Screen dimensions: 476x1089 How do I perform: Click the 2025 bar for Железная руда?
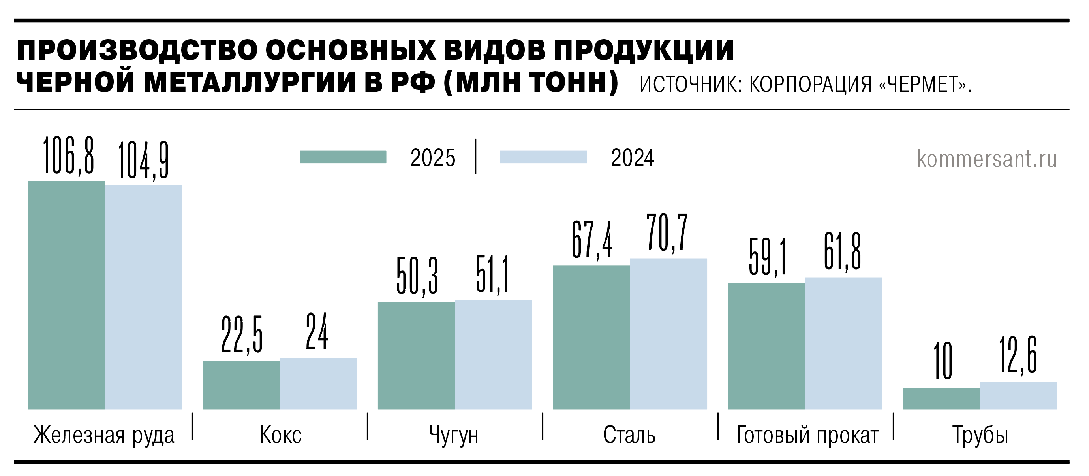(x=66, y=295)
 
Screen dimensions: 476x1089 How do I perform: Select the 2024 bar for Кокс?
(x=318, y=383)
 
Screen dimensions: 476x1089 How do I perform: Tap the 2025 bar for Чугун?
(x=416, y=355)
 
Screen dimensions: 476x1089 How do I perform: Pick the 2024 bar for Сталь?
(x=668, y=334)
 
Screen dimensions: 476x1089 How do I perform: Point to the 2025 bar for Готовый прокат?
(x=766, y=346)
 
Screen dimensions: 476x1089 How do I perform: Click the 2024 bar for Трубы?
(x=1018, y=396)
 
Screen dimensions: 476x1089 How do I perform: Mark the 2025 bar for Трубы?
(x=941, y=398)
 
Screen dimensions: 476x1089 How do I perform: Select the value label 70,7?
(x=667, y=233)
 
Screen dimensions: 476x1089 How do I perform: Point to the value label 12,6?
(x=1018, y=355)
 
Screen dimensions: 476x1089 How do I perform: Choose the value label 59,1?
(x=767, y=257)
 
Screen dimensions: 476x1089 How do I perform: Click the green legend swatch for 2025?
(x=343, y=157)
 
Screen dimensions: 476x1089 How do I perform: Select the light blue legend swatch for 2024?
(x=543, y=157)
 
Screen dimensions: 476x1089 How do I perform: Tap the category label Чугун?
(x=454, y=435)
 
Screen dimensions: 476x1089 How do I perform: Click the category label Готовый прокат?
(x=807, y=435)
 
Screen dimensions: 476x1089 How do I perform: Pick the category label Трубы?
(x=980, y=435)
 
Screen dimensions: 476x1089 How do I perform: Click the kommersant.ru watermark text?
(x=987, y=159)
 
